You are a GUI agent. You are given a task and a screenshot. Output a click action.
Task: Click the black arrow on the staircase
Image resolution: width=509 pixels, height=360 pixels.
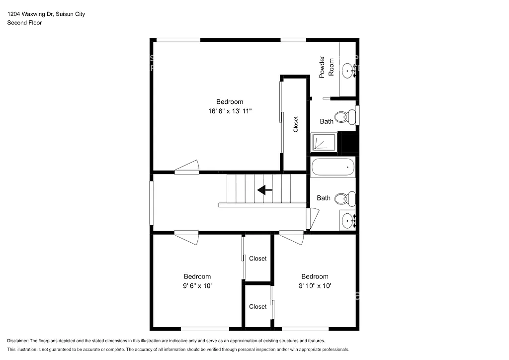264,189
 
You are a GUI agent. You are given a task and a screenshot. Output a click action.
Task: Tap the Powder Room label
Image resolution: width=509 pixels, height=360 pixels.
326,66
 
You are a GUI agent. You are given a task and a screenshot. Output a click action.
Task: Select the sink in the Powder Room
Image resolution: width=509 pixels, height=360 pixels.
349,71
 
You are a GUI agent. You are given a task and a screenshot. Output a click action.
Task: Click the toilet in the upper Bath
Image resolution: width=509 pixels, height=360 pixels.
344,117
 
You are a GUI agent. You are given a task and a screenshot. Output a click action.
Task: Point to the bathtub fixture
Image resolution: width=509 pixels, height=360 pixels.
333,167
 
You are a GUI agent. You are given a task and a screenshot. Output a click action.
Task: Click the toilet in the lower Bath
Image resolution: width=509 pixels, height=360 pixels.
344,199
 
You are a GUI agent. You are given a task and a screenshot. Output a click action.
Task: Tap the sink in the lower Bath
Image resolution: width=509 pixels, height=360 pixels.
348,219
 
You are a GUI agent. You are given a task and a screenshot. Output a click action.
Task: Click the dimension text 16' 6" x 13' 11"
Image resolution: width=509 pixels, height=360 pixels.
230,111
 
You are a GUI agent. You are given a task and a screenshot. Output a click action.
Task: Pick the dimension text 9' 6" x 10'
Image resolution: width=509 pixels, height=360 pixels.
197,286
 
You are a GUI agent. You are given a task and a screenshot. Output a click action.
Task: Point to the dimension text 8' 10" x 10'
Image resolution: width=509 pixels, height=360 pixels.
315,286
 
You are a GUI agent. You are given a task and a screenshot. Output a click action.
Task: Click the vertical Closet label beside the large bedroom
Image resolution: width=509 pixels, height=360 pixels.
296,124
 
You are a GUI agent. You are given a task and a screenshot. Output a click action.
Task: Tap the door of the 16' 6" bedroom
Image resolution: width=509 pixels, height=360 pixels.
187,167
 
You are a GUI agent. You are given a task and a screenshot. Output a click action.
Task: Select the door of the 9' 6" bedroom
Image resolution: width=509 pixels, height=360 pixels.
187,238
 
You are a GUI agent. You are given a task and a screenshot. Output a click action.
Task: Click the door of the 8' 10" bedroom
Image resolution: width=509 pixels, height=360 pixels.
292,238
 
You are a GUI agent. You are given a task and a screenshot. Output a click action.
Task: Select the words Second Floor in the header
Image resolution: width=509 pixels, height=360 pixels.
24,22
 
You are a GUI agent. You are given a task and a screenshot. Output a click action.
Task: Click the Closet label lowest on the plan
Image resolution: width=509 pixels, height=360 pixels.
257,307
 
